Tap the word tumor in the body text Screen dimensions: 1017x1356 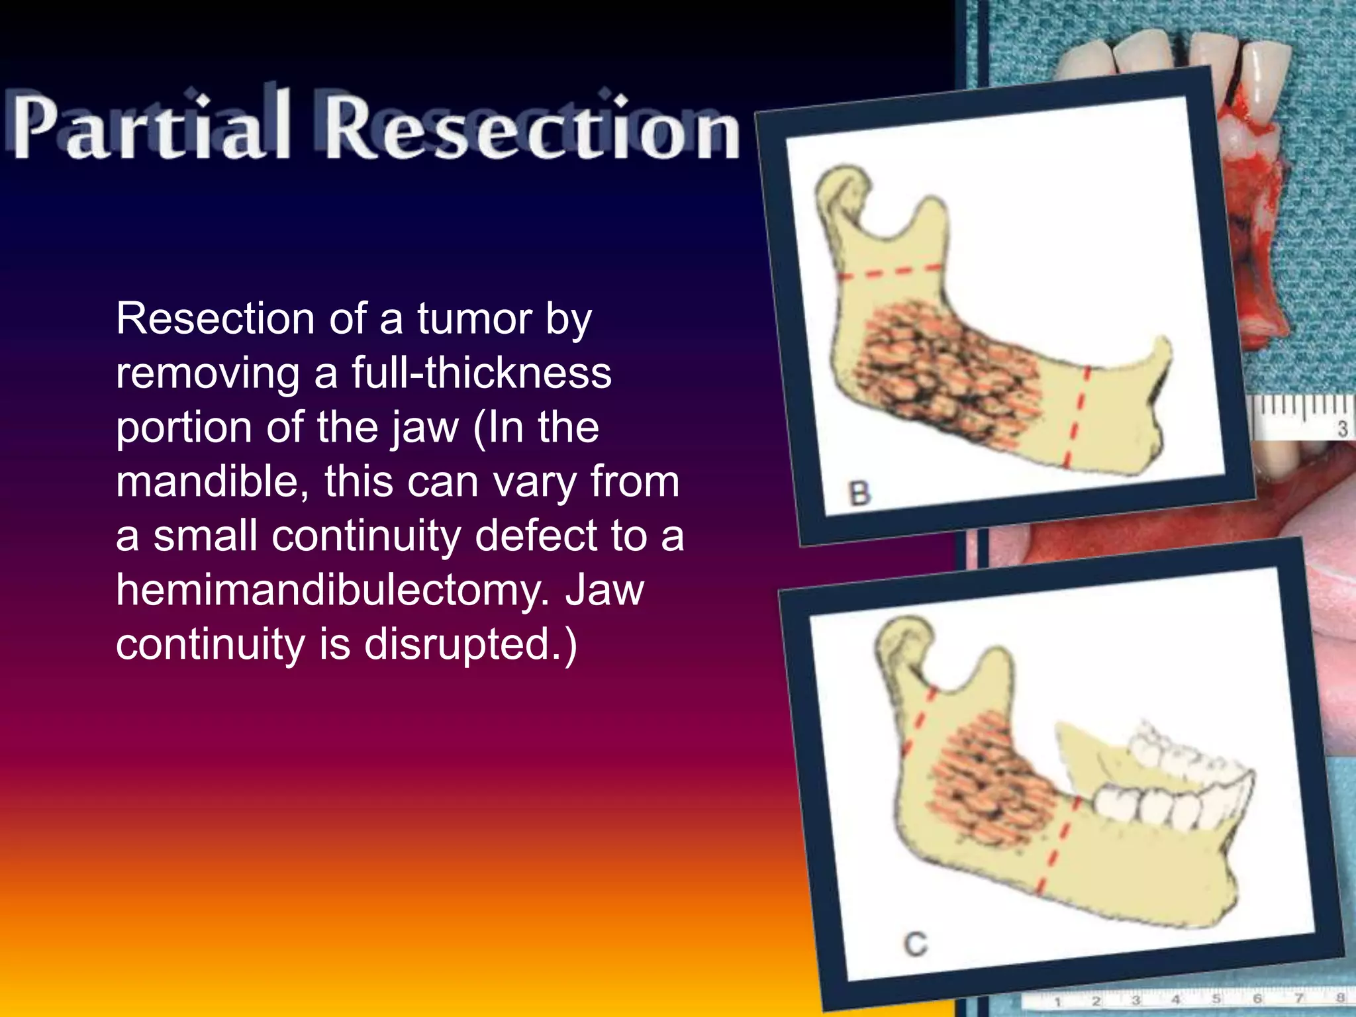[x=474, y=319]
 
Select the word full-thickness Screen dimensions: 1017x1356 [x=481, y=373]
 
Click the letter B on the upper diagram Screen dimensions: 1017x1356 [x=859, y=494]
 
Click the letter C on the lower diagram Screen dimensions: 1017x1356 [x=916, y=944]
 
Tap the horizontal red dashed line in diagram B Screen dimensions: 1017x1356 [x=891, y=271]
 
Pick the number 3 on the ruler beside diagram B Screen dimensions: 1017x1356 [x=1342, y=429]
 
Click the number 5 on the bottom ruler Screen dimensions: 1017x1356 [x=1216, y=998]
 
